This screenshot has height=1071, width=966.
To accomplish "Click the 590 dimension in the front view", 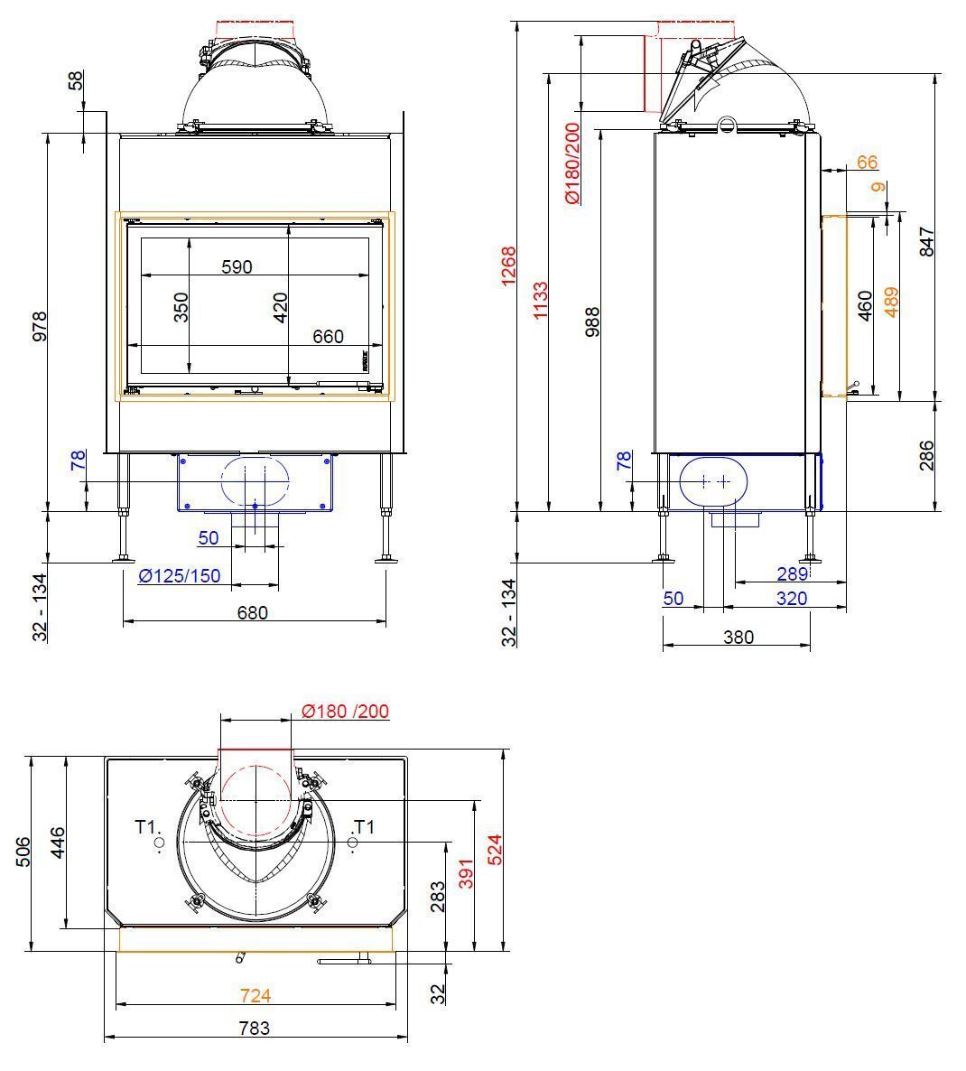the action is (x=237, y=266).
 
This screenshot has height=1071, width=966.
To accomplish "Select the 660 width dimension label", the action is (x=328, y=336).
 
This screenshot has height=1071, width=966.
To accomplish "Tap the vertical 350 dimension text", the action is (x=181, y=307).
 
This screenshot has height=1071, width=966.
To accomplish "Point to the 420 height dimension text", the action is (x=280, y=307).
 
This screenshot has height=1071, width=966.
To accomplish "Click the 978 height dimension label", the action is (x=41, y=327).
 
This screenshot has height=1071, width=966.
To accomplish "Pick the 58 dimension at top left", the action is (x=76, y=79).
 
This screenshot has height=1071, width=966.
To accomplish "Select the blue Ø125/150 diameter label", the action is (x=180, y=576).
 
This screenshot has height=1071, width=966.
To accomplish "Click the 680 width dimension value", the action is (x=253, y=612).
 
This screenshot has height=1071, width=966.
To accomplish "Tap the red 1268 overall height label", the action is (x=508, y=266).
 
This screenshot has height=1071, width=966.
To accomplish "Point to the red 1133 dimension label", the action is (x=540, y=301).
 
